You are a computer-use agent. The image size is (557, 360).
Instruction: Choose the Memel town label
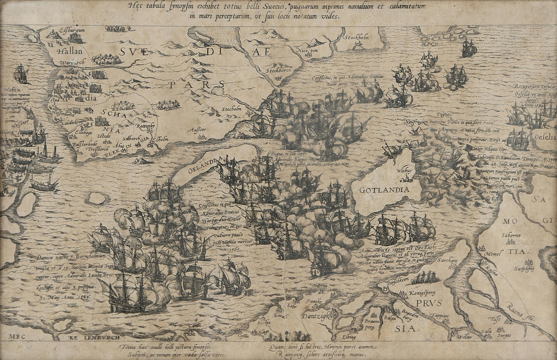pos(492,254)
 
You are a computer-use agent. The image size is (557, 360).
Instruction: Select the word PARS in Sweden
pos(197,84)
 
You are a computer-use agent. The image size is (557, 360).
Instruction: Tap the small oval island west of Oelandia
pos(97,198)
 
